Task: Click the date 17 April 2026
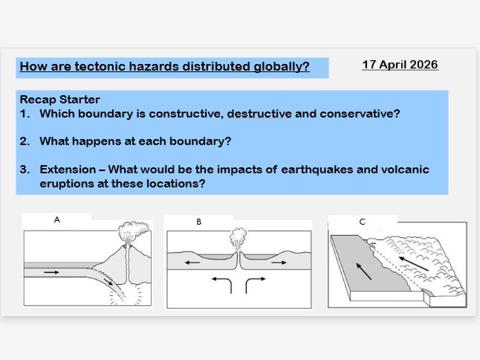(400, 65)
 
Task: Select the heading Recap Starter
(59, 100)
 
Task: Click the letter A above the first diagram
(56, 220)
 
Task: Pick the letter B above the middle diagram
(199, 222)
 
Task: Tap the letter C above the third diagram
(362, 222)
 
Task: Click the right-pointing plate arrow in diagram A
(51, 272)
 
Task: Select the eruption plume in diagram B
(237, 241)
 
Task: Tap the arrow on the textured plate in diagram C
(415, 263)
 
